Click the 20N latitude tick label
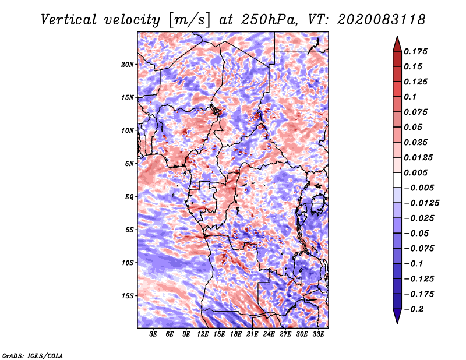tap(128, 65)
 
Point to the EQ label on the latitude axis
tap(129, 197)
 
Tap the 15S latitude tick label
tap(128, 296)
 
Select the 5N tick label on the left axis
tap(129, 164)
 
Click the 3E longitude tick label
tap(153, 334)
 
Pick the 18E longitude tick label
tap(235, 334)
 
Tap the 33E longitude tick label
tap(318, 334)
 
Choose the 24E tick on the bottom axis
tap(269, 334)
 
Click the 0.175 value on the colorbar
tap(415, 51)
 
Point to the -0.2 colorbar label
tap(414, 309)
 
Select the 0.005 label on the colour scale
tap(415, 172)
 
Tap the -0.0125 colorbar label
tap(421, 203)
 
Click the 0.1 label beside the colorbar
tap(410, 97)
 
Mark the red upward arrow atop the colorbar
tap(397, 44)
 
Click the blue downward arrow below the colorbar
tap(397, 316)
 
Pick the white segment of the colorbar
tap(397, 180)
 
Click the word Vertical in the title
tap(69, 20)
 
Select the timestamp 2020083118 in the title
tap(382, 20)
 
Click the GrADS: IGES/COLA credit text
tap(33, 355)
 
